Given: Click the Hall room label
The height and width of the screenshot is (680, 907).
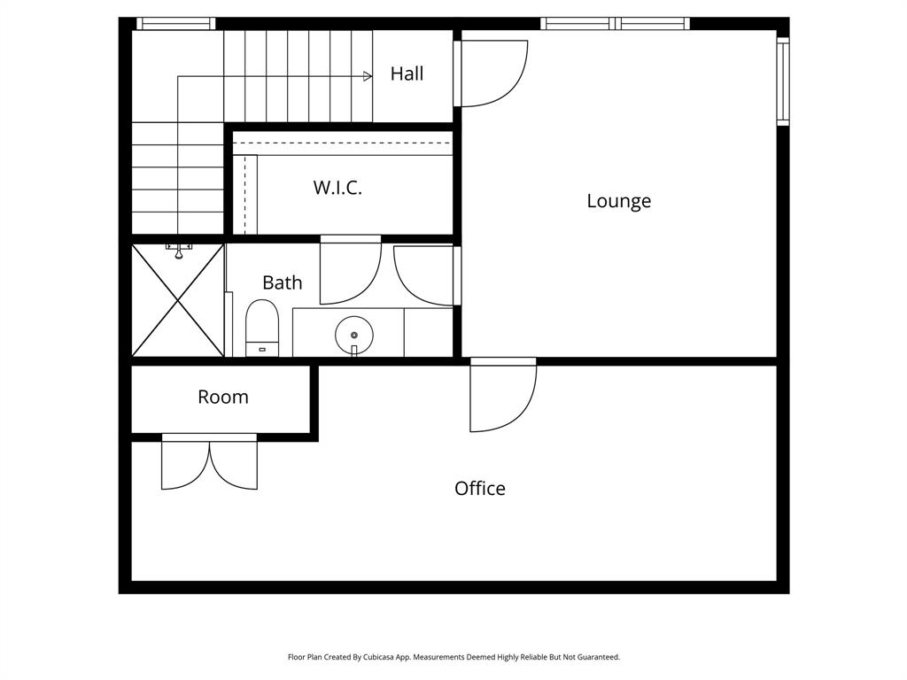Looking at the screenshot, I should [407, 73].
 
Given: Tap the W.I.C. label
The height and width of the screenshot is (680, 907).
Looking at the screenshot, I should [337, 188].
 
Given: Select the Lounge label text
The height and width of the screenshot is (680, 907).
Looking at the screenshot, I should [618, 201].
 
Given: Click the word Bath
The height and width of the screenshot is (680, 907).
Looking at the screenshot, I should [282, 282].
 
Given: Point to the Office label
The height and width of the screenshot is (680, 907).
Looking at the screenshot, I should [479, 488].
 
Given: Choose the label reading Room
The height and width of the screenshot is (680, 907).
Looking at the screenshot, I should [223, 397].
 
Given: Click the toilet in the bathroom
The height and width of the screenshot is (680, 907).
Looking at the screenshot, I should [261, 326].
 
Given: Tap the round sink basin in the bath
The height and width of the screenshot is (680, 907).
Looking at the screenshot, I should [353, 336].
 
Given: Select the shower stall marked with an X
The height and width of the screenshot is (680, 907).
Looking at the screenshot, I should [178, 301].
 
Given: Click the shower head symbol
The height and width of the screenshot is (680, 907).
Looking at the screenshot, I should [179, 252].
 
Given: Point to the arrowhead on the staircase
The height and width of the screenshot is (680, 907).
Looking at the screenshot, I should [368, 77].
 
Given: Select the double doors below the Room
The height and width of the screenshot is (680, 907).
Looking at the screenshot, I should [209, 463].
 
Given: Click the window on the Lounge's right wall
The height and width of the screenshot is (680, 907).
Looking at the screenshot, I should [782, 80].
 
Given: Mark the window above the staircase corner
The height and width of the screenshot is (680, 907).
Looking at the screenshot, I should [175, 24].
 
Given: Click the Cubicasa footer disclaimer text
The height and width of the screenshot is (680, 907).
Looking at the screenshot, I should [453, 657].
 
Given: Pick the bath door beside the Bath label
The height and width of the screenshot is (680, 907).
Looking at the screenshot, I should [349, 270].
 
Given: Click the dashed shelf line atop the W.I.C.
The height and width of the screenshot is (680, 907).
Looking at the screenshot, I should [342, 142].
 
